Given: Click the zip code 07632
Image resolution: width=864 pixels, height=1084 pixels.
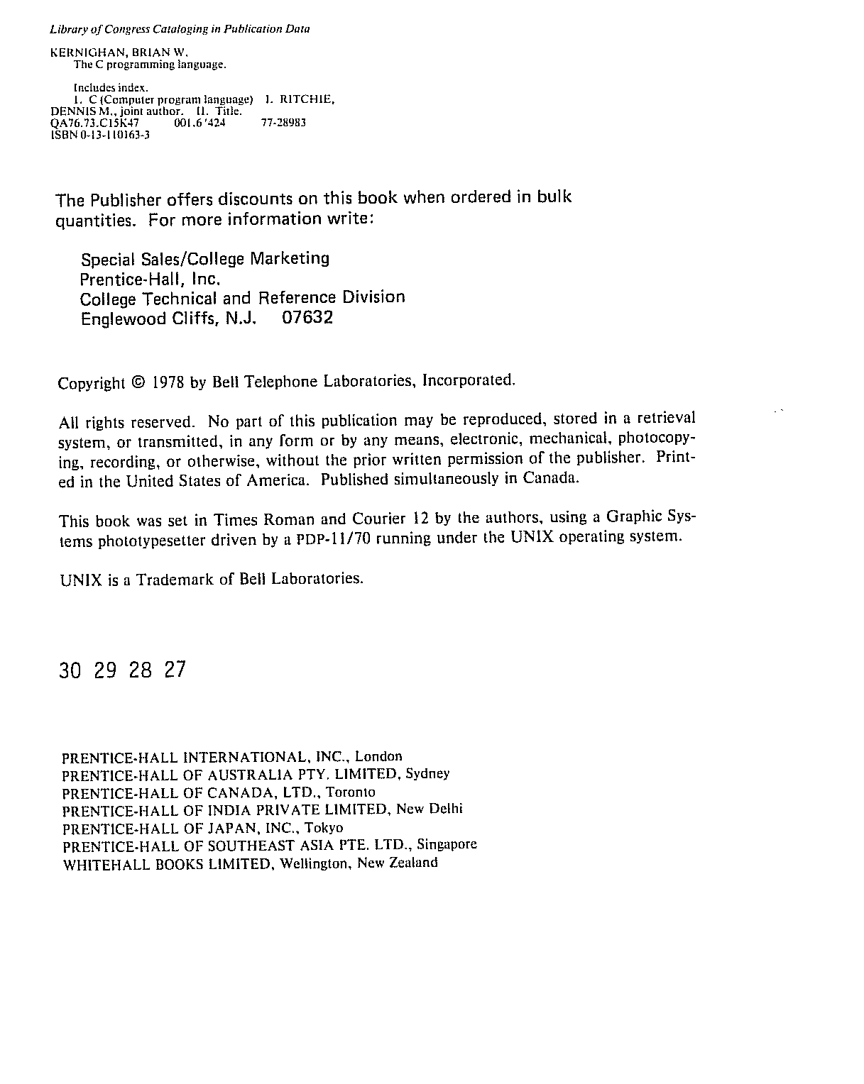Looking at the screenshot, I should (x=307, y=317).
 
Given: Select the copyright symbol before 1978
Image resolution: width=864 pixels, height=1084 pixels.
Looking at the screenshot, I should (x=138, y=382).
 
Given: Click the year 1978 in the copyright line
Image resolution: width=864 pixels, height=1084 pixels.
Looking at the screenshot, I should (x=168, y=382).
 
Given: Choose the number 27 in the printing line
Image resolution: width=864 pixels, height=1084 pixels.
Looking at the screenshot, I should (x=174, y=670).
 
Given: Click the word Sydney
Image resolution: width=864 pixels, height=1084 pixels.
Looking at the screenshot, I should (x=427, y=774).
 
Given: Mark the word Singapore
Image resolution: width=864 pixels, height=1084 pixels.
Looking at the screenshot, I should (x=447, y=845).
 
